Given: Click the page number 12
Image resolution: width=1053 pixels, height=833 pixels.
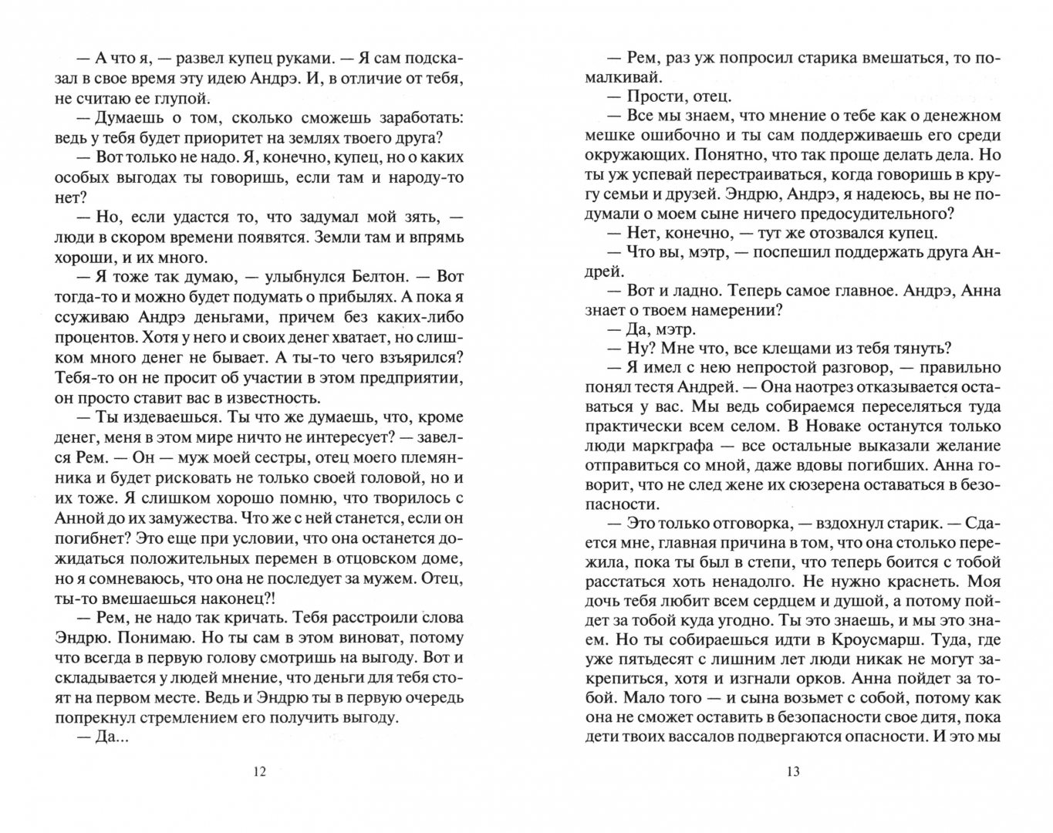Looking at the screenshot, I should click(259, 771).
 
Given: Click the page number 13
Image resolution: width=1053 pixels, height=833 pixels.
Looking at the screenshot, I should click(794, 771).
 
